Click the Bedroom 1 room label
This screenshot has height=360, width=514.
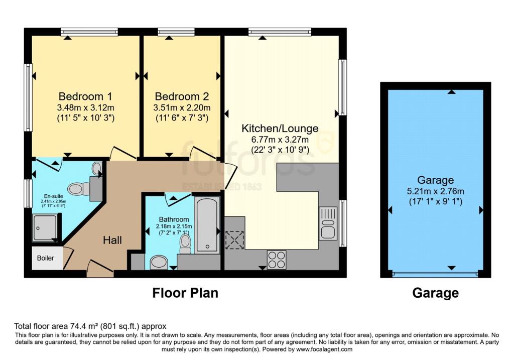point(85,96)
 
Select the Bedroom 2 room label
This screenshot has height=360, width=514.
point(182,96)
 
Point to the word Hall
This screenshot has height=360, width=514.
point(112,241)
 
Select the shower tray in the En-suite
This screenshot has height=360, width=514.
point(45,228)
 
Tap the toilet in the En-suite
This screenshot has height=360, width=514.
point(78,188)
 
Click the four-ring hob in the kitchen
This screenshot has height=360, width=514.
point(277,260)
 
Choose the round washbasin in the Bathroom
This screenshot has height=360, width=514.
point(160,262)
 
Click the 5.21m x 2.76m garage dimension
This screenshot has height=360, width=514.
point(435,191)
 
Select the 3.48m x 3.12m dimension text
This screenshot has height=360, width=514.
point(85,107)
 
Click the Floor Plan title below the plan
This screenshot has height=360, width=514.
point(185,293)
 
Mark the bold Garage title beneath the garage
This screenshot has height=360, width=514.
point(435,293)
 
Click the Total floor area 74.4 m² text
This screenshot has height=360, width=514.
point(90,326)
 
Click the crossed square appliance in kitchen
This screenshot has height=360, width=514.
point(234,239)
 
